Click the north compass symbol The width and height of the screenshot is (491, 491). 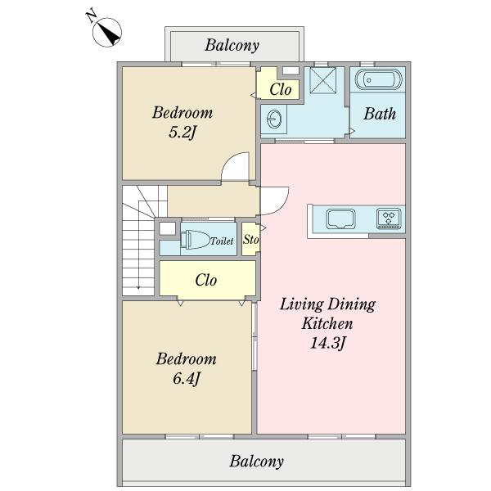pyautogui.click(x=107, y=32)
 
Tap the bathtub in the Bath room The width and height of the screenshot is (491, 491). pyautogui.click(x=378, y=79)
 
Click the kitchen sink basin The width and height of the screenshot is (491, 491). pyautogui.click(x=341, y=218)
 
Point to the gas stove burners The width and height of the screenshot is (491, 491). pyautogui.click(x=389, y=218)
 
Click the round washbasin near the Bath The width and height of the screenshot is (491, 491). pyautogui.click(x=274, y=119)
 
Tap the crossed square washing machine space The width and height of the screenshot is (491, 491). pyautogui.click(x=322, y=80)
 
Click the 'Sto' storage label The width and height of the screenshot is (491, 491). pyautogui.click(x=251, y=240)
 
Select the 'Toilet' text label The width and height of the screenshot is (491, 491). pyautogui.click(x=222, y=241)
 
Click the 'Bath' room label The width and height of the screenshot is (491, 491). pyautogui.click(x=380, y=114)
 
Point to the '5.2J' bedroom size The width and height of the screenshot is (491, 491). pyautogui.click(x=182, y=133)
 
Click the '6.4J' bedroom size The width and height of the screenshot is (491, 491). pyautogui.click(x=186, y=379)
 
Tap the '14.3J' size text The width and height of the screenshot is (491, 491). pyautogui.click(x=327, y=343)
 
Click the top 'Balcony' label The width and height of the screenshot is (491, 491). pyautogui.click(x=232, y=45)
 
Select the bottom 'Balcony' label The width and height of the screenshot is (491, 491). pyautogui.click(x=256, y=462)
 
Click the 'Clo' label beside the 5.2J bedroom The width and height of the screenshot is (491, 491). pyautogui.click(x=281, y=89)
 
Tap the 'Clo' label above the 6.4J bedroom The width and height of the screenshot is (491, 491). pyautogui.click(x=205, y=280)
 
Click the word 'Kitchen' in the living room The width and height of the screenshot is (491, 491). pyautogui.click(x=327, y=323)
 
